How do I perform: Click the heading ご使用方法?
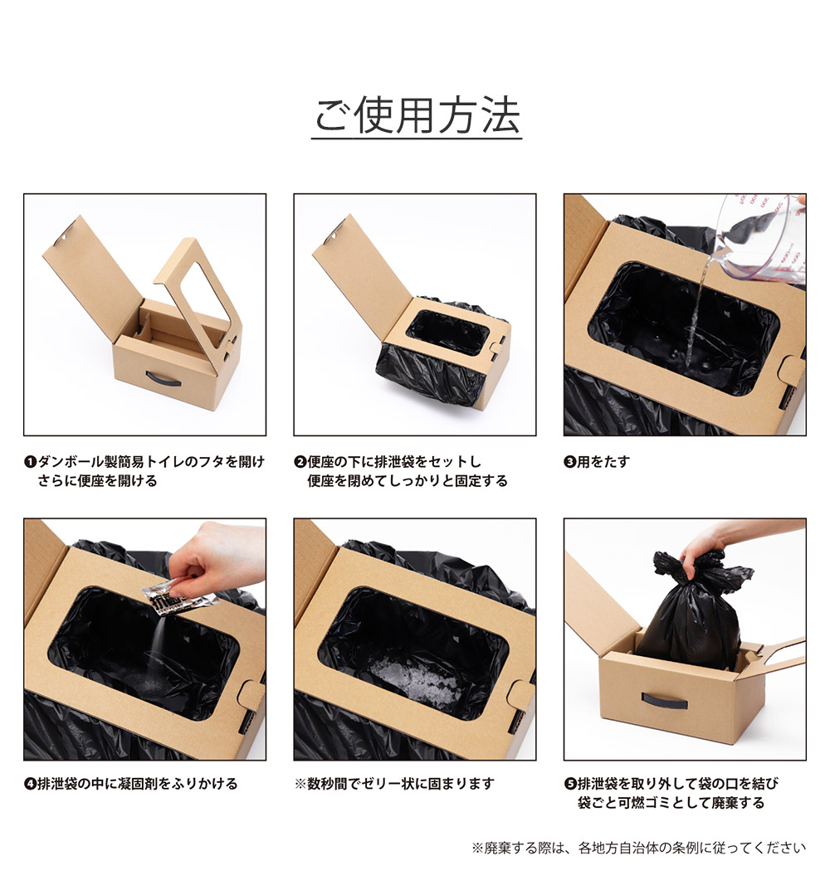coord(417,117)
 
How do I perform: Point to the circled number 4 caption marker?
coord(31,784)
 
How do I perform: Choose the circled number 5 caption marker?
coord(570,784)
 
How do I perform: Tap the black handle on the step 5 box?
coord(664,702)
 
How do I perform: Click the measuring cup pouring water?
coord(759,236)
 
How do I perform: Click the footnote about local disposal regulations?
coord(638,848)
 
